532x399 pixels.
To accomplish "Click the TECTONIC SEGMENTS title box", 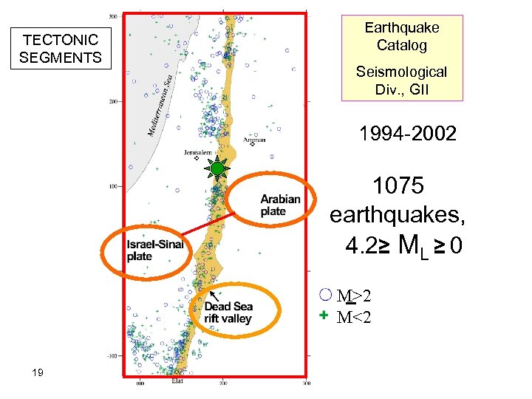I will coord(61,49).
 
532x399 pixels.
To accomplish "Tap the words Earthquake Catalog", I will coord(402,36).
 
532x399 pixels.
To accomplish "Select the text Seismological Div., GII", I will coord(401,81).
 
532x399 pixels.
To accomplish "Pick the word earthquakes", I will coord(398,215).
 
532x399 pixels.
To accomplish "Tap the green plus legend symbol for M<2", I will coord(324,316).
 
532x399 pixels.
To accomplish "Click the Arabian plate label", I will coord(281,205).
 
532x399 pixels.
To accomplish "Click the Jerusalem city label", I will coord(198,153).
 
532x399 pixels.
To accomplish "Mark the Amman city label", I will coord(255,139).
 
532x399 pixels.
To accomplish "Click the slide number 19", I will coord(38,372).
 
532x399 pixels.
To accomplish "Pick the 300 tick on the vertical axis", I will coord(114,16).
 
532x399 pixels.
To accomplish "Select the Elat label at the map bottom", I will coord(177,382).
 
